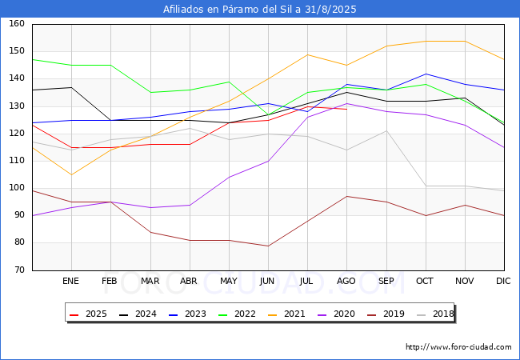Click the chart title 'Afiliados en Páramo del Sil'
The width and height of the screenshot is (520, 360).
227,10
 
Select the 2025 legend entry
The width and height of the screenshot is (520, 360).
88,314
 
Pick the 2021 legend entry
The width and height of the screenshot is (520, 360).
286,314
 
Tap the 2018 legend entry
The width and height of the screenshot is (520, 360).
435,314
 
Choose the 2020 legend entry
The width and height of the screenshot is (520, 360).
336,314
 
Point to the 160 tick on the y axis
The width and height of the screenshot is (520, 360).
17,23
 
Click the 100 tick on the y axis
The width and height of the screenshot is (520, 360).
17,188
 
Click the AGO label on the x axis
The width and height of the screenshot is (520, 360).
346,281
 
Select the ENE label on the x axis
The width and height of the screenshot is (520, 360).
70,281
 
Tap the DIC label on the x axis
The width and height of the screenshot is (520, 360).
503,281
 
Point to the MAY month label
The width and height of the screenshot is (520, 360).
229,281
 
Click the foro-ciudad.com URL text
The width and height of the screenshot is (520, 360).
458,347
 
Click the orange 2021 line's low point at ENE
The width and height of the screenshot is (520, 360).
72,174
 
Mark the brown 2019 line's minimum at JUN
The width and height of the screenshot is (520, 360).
268,246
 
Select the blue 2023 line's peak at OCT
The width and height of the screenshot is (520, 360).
426,74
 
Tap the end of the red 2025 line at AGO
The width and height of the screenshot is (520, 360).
347,109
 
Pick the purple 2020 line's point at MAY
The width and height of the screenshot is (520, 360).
229,178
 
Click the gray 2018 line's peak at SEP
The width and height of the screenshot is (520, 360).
386,130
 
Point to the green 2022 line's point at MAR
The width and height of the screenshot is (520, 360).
150,93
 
